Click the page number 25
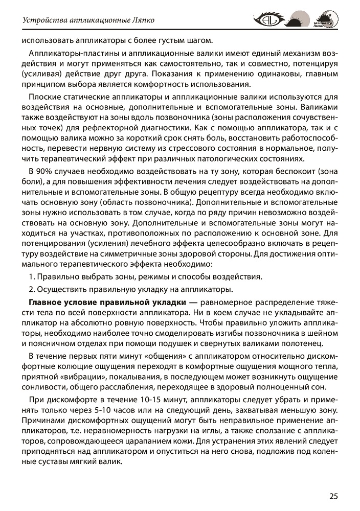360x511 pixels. [x=333, y=495]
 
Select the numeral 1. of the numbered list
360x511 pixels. [x=31, y=277]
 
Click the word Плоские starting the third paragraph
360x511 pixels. [x=45, y=97]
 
